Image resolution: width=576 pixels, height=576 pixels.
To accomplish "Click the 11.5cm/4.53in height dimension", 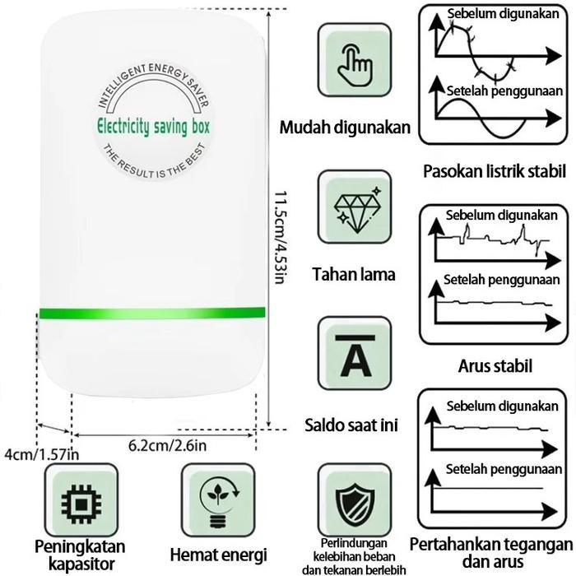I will coord(280,235).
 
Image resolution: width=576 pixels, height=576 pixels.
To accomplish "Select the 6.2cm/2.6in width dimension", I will coord(167,446).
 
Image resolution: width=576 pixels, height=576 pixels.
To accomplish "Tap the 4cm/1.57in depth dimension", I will coord(42,454).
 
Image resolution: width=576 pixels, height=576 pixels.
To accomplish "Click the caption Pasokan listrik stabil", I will coord(495,172).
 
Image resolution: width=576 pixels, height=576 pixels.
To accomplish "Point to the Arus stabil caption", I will coord(495,365).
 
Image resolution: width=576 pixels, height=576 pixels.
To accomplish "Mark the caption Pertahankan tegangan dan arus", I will coord(492,552).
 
